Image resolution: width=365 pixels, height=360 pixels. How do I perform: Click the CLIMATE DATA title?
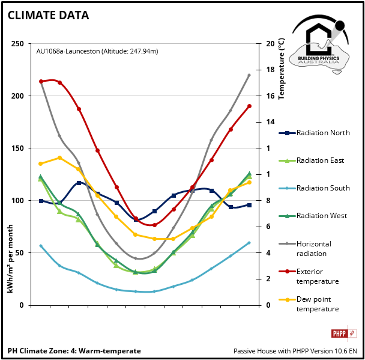tap(48, 16)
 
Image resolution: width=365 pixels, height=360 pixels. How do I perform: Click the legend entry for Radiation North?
tap(323, 133)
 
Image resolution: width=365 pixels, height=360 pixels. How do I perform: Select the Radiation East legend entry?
tap(320, 160)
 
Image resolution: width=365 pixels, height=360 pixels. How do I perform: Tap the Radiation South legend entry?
tap(323, 188)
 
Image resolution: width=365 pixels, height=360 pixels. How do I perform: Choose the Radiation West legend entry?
tap(321, 216)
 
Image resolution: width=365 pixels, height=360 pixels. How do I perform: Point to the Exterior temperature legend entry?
tap(318, 276)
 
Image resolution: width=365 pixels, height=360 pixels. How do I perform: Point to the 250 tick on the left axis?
tap(17, 44)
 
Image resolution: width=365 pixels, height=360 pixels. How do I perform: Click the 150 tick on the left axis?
tap(17, 148)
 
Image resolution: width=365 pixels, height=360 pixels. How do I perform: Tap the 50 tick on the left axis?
tap(20, 253)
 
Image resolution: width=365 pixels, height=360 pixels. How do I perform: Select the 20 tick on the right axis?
tap(271, 44)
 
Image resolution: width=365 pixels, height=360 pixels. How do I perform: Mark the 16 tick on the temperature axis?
tap(271, 96)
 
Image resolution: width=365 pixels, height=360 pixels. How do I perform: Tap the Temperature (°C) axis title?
tap(282, 69)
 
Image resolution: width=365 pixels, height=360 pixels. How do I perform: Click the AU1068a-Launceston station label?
tap(97, 52)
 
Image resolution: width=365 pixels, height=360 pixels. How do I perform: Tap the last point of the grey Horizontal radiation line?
tap(249, 75)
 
